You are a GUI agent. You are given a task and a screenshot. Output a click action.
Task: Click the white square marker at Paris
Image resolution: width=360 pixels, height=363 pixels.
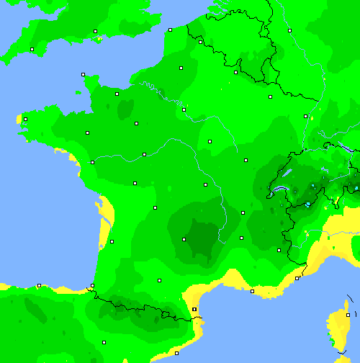184,110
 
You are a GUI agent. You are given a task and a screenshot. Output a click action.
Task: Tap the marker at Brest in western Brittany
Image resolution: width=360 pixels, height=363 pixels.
25,120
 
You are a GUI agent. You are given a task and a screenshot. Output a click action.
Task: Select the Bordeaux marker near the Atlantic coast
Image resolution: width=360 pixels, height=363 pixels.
112,241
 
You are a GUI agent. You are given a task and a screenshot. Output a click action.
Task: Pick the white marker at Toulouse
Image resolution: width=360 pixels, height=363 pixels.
159,280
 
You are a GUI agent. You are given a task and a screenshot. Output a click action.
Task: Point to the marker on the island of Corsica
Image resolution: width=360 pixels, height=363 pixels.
348,315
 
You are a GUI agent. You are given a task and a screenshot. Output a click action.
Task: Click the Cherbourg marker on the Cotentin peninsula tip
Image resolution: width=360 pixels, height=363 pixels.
83,74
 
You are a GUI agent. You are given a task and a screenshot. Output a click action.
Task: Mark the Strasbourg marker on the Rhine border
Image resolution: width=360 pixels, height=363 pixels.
305,116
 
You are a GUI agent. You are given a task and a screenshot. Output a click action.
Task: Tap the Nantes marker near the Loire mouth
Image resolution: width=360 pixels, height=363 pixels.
92,162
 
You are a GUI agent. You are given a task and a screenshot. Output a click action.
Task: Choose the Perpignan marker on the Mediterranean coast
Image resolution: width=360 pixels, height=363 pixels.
194,309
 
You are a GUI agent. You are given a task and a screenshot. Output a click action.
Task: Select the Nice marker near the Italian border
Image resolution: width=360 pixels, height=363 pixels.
297,278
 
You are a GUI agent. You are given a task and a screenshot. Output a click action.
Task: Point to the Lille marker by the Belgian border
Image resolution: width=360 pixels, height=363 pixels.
200,42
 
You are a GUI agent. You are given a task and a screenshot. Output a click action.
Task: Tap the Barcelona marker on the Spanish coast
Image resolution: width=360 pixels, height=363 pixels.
177,353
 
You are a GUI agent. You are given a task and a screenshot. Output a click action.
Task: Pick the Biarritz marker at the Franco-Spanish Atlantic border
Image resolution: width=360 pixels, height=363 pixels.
92,286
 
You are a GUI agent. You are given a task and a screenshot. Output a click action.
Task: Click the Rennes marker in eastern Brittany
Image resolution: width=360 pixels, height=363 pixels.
88,132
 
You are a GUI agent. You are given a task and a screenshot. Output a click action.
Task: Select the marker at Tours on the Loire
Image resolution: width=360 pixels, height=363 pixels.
145,154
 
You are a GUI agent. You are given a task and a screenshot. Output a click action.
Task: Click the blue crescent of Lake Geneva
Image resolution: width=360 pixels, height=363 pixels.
276,192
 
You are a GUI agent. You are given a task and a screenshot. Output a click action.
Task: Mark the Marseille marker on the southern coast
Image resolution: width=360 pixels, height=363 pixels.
252,291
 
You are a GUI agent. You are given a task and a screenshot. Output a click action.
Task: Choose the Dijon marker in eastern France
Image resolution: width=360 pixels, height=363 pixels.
246,160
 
